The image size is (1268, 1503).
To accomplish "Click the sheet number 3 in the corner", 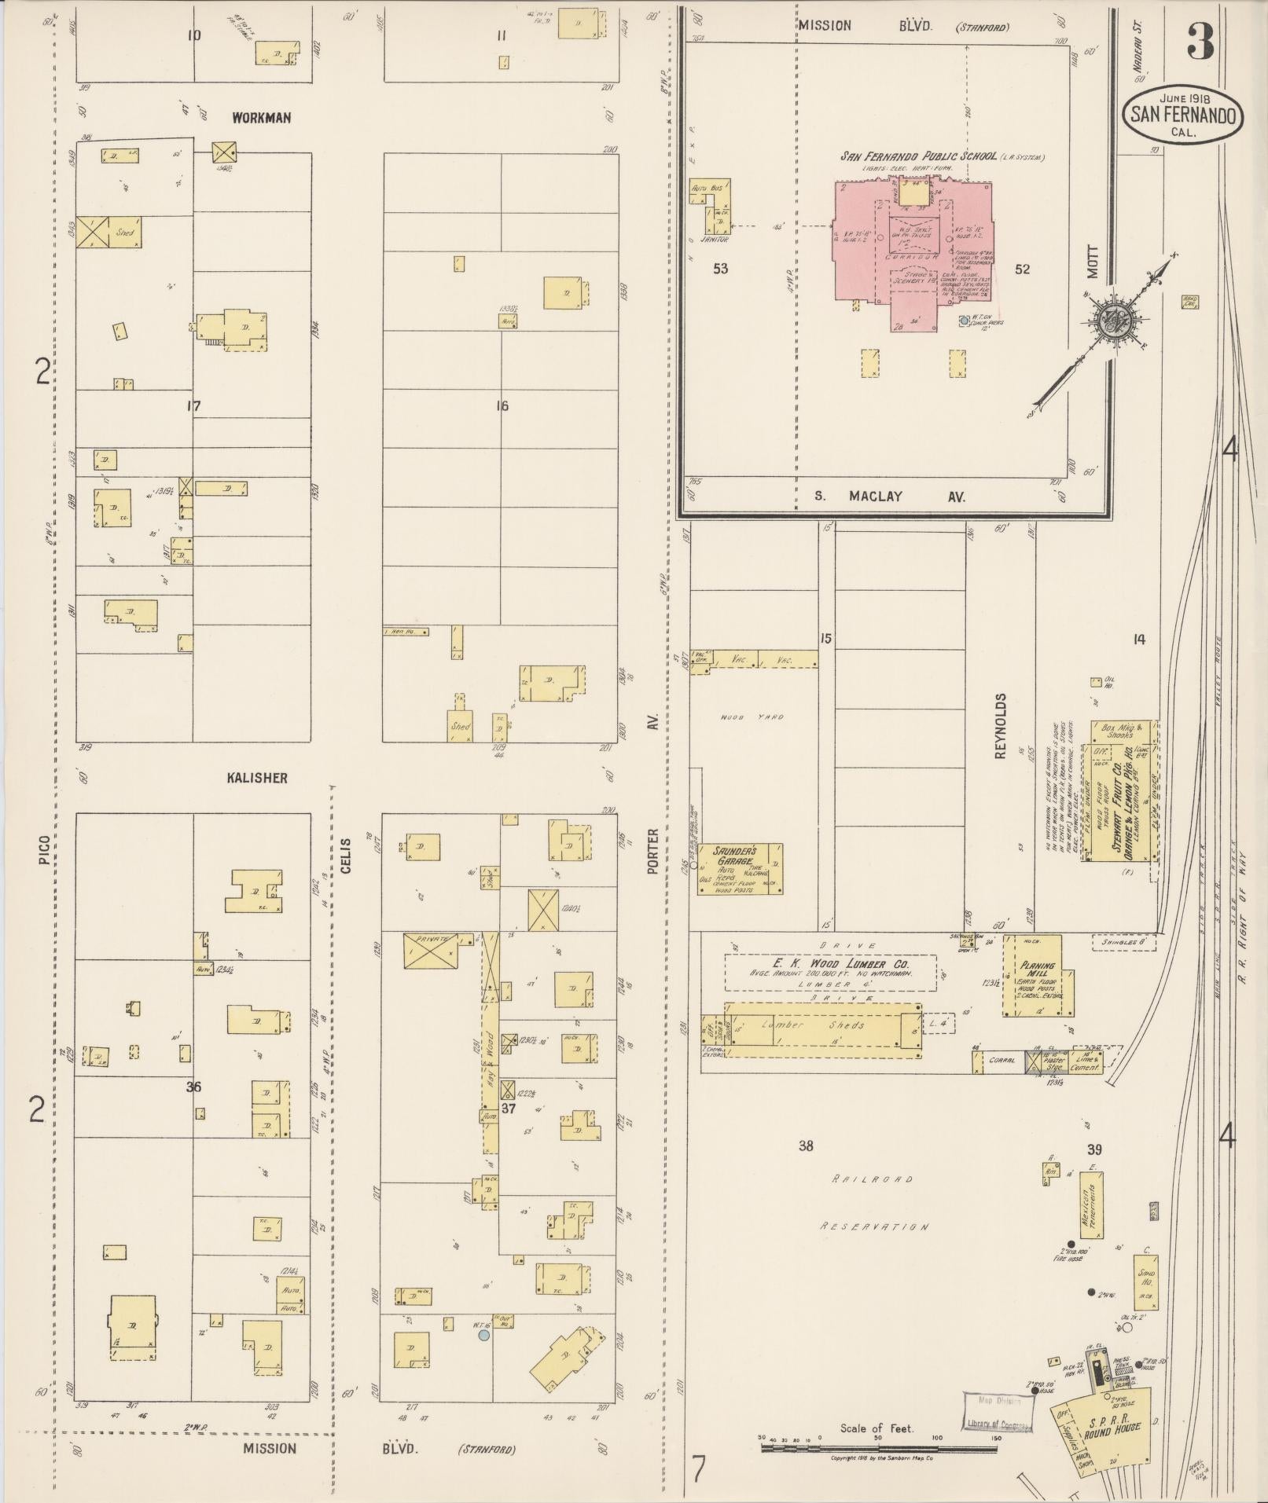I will pos(1200,42).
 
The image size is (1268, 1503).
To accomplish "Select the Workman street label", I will pos(261,118).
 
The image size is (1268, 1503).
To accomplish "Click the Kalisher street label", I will pos(257,778).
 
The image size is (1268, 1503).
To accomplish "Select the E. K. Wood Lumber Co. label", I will pos(829,963).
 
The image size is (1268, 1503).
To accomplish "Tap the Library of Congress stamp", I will pos(996,1412).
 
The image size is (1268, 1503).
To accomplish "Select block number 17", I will pos(194,406).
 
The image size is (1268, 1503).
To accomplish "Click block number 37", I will pos(509,1108).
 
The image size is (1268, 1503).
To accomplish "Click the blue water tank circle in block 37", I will pos(484,1335).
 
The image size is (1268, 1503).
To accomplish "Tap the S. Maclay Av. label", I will pos(889,497).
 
